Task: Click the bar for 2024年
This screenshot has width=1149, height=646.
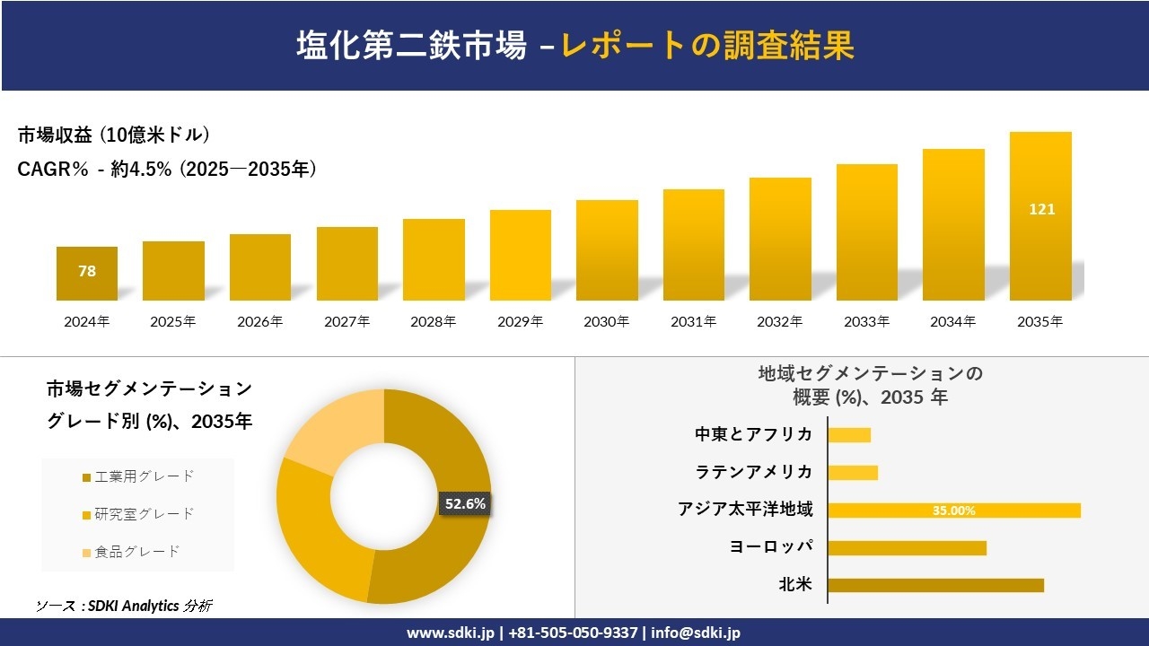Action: tap(87, 274)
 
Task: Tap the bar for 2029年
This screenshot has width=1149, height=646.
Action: tap(521, 256)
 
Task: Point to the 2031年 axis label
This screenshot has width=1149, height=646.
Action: tap(694, 322)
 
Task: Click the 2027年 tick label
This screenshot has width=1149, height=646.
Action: tap(347, 322)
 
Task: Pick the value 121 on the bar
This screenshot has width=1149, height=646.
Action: tap(1042, 209)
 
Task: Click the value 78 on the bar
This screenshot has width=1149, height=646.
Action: tap(87, 271)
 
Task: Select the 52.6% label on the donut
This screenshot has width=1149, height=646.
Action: tap(465, 504)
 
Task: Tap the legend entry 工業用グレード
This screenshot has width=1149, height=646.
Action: tap(138, 476)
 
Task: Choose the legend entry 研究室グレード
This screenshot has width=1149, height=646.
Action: tap(138, 514)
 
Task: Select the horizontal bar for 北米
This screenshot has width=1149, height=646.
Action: tap(935, 585)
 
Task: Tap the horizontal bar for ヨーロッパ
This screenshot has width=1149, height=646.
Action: tap(907, 547)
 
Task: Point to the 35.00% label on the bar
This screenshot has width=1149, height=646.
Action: tap(953, 511)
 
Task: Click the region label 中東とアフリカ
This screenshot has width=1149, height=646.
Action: tap(754, 435)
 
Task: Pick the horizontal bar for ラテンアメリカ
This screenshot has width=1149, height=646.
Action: tap(853, 473)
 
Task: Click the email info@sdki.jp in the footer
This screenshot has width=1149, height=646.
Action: tap(696, 633)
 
